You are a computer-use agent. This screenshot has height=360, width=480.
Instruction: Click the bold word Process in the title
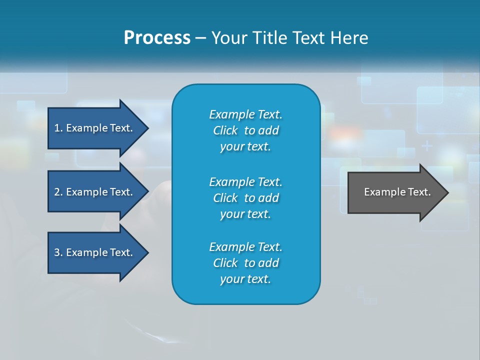click(157, 38)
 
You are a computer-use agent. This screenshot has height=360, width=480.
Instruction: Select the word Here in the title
click(348, 38)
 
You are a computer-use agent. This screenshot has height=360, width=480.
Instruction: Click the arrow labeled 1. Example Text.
click(93, 128)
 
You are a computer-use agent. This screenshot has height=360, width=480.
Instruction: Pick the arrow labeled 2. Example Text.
click(93, 192)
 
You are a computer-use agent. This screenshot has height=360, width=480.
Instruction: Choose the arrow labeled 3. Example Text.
click(93, 252)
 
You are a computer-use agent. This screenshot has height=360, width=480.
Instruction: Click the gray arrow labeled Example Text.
click(397, 192)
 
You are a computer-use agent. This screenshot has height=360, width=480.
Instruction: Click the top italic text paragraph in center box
click(245, 130)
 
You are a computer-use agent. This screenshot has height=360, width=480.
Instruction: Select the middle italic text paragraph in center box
click(245, 197)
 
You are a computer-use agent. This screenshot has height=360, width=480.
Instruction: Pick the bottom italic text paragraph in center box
click(245, 263)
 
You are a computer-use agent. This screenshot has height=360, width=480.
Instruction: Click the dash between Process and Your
click(200, 38)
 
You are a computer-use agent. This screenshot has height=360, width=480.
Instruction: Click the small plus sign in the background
click(426, 146)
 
